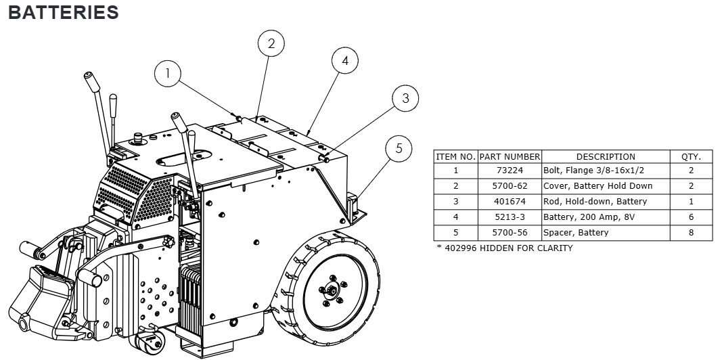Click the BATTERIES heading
(63, 12)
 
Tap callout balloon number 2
(271, 44)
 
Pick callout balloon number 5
(399, 148)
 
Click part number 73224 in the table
(510, 171)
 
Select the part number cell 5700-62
(510, 186)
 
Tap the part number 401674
(510, 202)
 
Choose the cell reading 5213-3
(510, 217)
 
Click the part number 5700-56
(510, 233)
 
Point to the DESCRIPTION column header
(606, 156)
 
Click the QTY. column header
(691, 156)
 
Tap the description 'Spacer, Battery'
(576, 233)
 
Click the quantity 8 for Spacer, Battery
(691, 233)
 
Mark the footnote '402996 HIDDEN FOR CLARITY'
(504, 248)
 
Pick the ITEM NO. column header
(456, 156)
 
